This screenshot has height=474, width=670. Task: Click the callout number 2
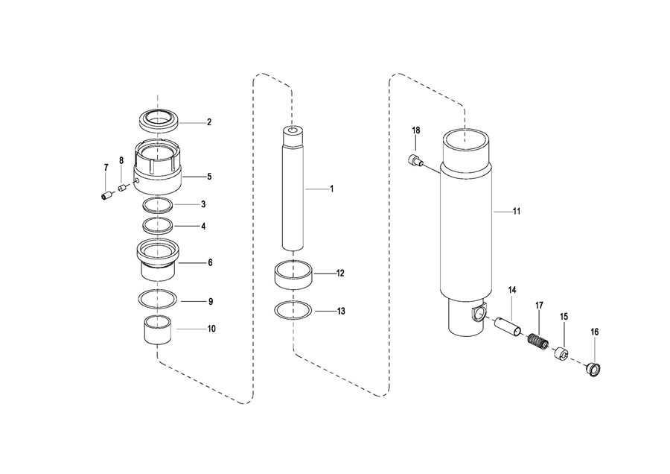point(209,122)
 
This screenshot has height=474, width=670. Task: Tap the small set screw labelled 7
point(106,195)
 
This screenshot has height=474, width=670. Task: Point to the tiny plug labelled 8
point(122,187)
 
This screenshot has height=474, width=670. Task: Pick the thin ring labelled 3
point(158,206)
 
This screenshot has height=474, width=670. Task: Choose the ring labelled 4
point(158,226)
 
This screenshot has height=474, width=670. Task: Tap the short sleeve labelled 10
point(158,329)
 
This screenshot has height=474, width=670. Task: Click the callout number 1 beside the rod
point(331,189)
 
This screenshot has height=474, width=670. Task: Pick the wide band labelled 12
point(293,274)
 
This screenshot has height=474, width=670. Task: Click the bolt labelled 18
point(415,160)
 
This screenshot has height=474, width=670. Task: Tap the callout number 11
point(517,212)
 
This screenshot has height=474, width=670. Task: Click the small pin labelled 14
point(508,327)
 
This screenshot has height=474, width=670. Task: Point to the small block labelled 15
point(562,353)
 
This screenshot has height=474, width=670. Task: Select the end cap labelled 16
point(594,369)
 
